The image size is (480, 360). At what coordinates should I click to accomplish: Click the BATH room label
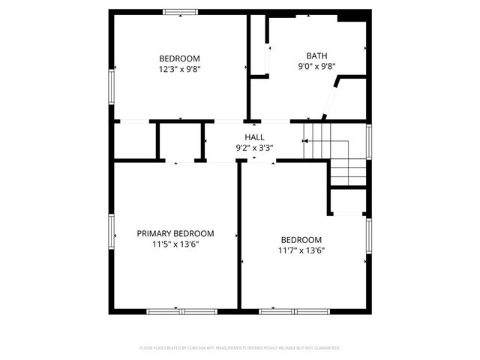click(x=316, y=55)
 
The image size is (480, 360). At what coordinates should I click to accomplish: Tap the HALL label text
click(x=254, y=137)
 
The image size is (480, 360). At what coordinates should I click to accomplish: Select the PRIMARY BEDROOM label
click(x=175, y=233)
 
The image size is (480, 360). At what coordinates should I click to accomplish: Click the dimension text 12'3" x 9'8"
click(x=179, y=69)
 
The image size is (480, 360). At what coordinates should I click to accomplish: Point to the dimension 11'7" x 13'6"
click(x=301, y=250)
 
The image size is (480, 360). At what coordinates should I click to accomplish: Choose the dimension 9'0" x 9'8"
click(x=316, y=66)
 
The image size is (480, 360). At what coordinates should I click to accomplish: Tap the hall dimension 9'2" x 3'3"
click(x=254, y=148)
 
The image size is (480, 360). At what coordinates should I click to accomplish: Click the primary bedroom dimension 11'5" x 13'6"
click(x=175, y=244)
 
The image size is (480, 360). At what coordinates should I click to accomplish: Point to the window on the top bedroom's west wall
click(x=111, y=85)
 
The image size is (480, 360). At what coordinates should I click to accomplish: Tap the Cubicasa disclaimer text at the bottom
click(x=240, y=348)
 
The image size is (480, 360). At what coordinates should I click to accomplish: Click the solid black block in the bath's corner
click(x=348, y=16)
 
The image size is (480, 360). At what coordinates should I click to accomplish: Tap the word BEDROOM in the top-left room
click(x=179, y=58)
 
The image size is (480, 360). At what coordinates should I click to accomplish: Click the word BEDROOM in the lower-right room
click(x=301, y=240)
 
